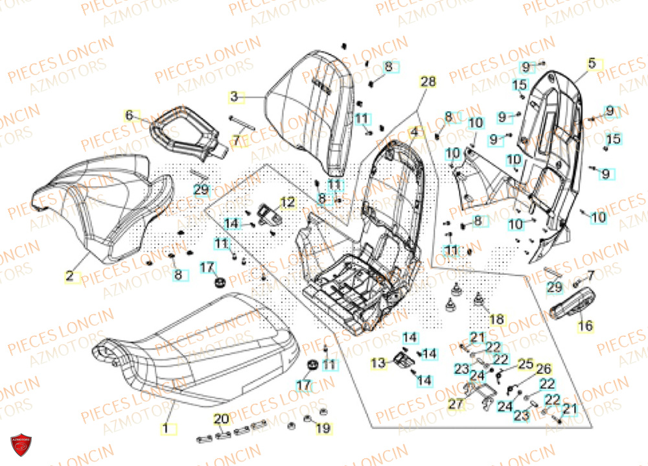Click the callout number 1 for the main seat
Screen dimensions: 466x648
(165, 428)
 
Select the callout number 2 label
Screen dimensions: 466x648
(69, 276)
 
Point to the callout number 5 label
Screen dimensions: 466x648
(592, 64)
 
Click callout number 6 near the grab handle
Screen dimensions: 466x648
(129, 115)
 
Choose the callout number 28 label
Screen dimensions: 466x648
(428, 82)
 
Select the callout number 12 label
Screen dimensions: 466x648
(287, 202)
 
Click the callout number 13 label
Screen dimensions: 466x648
(378, 364)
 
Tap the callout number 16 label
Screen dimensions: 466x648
(585, 326)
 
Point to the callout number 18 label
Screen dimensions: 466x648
(496, 320)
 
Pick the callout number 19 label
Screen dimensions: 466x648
(322, 428)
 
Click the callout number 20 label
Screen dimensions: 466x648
(221, 418)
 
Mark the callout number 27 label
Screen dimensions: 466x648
(456, 402)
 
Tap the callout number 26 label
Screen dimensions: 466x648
(542, 369)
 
